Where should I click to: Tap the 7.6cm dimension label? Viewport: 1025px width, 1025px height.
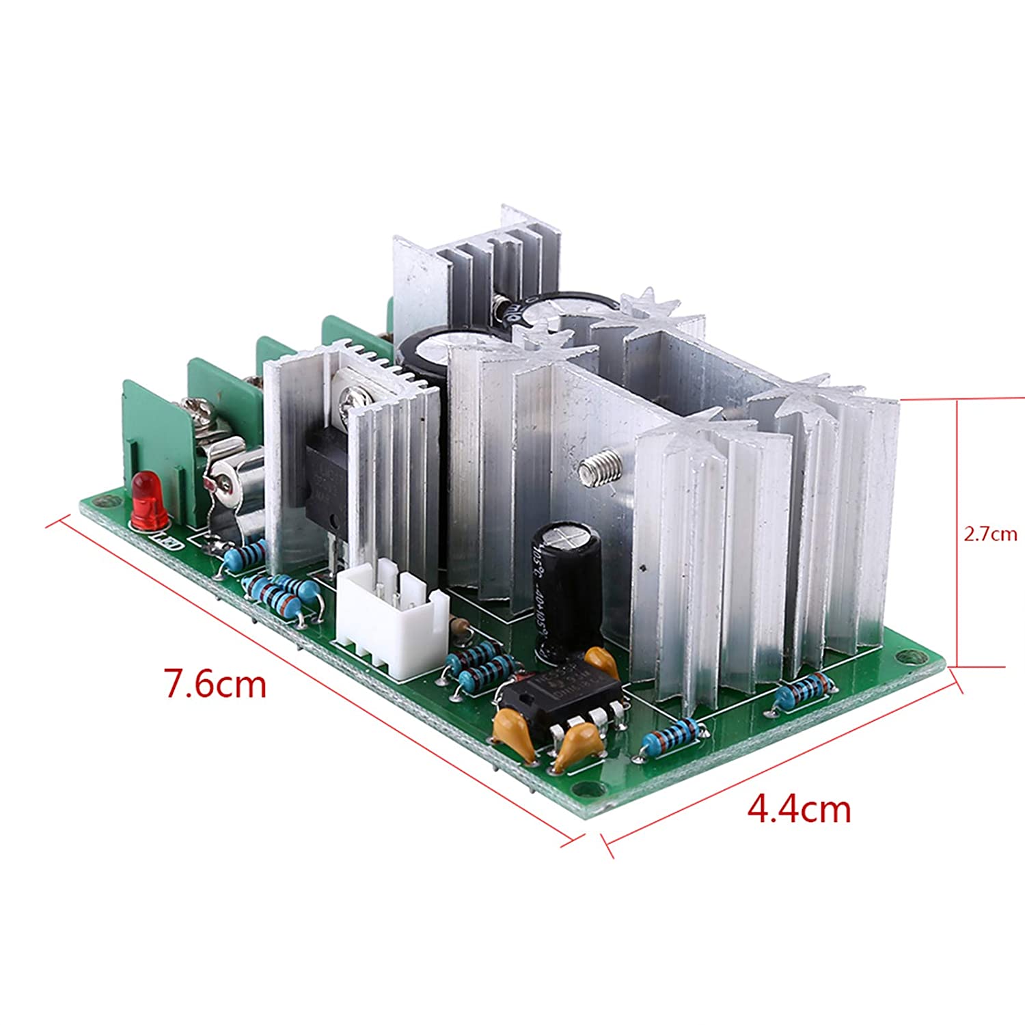click(x=215, y=683)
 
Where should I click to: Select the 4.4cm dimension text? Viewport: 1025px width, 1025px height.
click(x=799, y=809)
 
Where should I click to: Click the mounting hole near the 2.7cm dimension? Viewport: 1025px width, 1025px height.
click(x=912, y=657)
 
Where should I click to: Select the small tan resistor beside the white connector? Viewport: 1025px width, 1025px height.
click(x=457, y=625)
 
